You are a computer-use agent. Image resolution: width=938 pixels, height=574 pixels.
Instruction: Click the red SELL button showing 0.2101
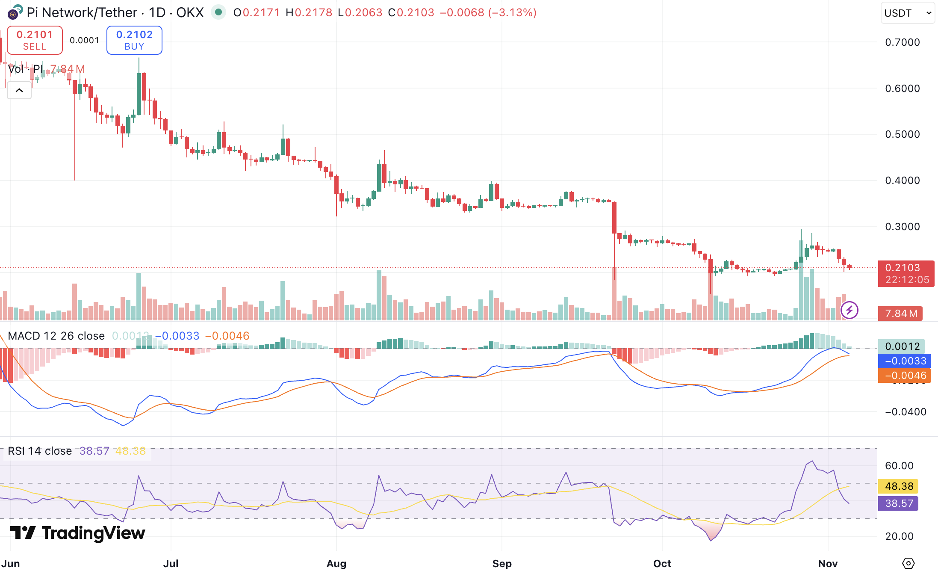(x=35, y=40)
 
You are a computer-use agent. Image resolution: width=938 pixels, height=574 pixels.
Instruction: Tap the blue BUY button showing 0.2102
(x=134, y=40)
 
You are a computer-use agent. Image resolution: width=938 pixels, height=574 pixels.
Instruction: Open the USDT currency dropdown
(x=907, y=13)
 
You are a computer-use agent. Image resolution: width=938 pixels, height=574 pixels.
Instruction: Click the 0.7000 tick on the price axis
(x=902, y=42)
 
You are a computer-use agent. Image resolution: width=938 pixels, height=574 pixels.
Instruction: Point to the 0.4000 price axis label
(x=902, y=180)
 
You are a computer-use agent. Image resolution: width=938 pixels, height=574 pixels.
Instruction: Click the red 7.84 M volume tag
(x=900, y=314)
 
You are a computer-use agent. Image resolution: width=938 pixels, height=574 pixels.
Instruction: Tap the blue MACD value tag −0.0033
(x=905, y=361)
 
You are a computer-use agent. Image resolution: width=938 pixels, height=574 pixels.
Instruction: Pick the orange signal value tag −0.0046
(x=905, y=376)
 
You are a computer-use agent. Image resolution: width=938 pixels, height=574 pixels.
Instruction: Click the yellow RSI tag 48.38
(x=899, y=486)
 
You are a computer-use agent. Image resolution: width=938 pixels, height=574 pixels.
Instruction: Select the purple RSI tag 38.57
(x=899, y=503)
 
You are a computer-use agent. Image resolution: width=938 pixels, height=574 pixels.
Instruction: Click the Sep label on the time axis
(x=501, y=564)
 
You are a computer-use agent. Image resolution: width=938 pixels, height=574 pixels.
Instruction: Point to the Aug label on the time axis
(x=336, y=564)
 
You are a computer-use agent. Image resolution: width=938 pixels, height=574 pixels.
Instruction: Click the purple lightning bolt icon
(x=849, y=310)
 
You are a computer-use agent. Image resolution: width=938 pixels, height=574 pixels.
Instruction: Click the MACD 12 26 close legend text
(x=56, y=336)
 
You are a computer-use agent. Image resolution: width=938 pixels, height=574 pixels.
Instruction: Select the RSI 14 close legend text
(x=40, y=451)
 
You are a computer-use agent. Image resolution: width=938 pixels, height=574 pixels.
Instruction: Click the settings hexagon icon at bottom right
(x=909, y=563)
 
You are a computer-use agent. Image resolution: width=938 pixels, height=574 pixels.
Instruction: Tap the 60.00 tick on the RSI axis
(x=899, y=466)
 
